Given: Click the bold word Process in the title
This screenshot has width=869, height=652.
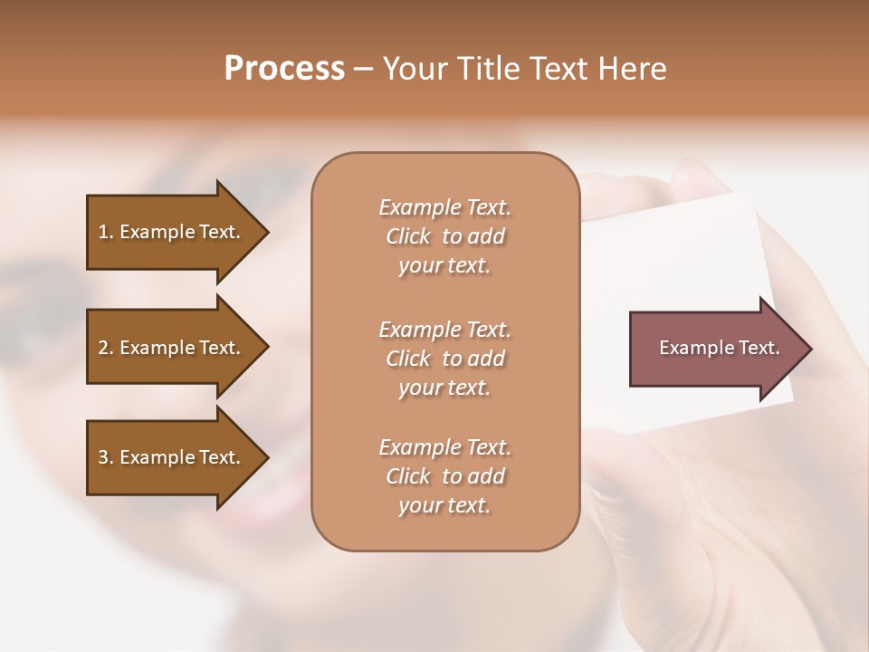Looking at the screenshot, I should [x=284, y=69].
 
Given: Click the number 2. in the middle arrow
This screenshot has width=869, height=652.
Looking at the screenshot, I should [x=106, y=348].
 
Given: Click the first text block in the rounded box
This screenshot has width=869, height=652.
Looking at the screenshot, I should [x=444, y=236].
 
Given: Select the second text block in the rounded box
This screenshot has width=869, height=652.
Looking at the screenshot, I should [x=444, y=359].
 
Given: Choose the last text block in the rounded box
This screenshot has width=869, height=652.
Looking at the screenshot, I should [x=444, y=476].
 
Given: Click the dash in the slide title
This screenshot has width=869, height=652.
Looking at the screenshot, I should [x=363, y=69].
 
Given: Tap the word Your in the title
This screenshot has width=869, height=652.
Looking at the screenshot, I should [x=411, y=69].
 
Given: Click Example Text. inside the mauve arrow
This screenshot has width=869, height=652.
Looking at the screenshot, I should [x=719, y=348].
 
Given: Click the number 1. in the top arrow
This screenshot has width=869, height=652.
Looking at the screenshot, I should [x=106, y=232].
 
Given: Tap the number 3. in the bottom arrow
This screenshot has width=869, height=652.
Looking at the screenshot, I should [x=106, y=457].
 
